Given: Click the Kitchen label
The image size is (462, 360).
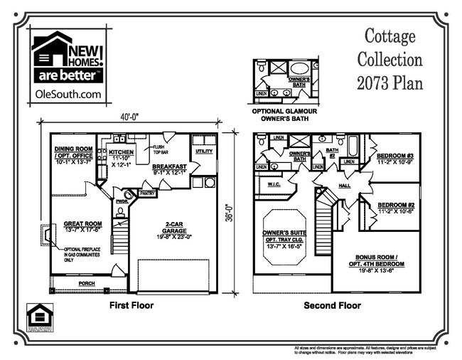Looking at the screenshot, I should pos(121,152).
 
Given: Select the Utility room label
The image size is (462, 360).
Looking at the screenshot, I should pos(203,152).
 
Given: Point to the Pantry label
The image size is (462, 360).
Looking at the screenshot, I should pos(148,193).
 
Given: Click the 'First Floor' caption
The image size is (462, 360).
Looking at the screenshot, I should pos(131,305).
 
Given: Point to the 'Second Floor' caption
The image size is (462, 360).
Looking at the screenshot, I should pos(333,305).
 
